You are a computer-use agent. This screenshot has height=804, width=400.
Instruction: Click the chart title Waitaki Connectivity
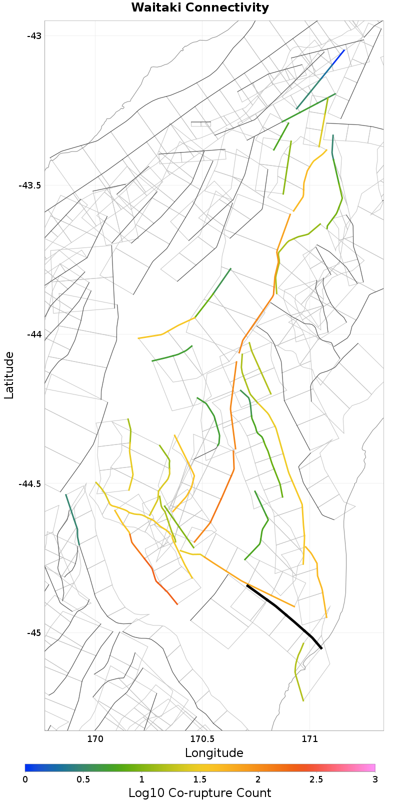(200, 8)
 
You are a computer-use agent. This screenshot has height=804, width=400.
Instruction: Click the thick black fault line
(285, 615)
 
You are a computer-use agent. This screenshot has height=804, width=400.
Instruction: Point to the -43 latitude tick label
(34, 36)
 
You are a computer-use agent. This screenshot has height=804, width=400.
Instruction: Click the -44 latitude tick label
(34, 334)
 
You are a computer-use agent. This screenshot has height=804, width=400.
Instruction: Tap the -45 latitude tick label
(34, 633)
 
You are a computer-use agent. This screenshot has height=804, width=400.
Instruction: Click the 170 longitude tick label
(95, 739)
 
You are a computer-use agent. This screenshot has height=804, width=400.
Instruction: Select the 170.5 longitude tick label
(202, 739)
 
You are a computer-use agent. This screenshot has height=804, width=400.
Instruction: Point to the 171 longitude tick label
(309, 739)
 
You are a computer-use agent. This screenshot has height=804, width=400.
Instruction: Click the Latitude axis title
(9, 375)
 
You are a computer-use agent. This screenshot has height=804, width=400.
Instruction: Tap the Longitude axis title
(214, 753)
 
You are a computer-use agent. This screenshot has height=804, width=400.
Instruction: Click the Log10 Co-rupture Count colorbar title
(200, 793)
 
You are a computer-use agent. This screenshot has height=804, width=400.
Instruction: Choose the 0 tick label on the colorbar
(25, 780)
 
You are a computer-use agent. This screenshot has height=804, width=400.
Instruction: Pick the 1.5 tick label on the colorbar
(200, 780)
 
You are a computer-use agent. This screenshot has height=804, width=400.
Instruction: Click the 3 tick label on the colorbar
(374, 780)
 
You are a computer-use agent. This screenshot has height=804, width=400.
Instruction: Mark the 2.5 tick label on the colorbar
(316, 780)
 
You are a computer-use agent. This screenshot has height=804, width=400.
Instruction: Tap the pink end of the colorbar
(370, 768)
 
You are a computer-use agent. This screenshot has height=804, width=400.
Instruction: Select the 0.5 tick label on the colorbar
(83, 780)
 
